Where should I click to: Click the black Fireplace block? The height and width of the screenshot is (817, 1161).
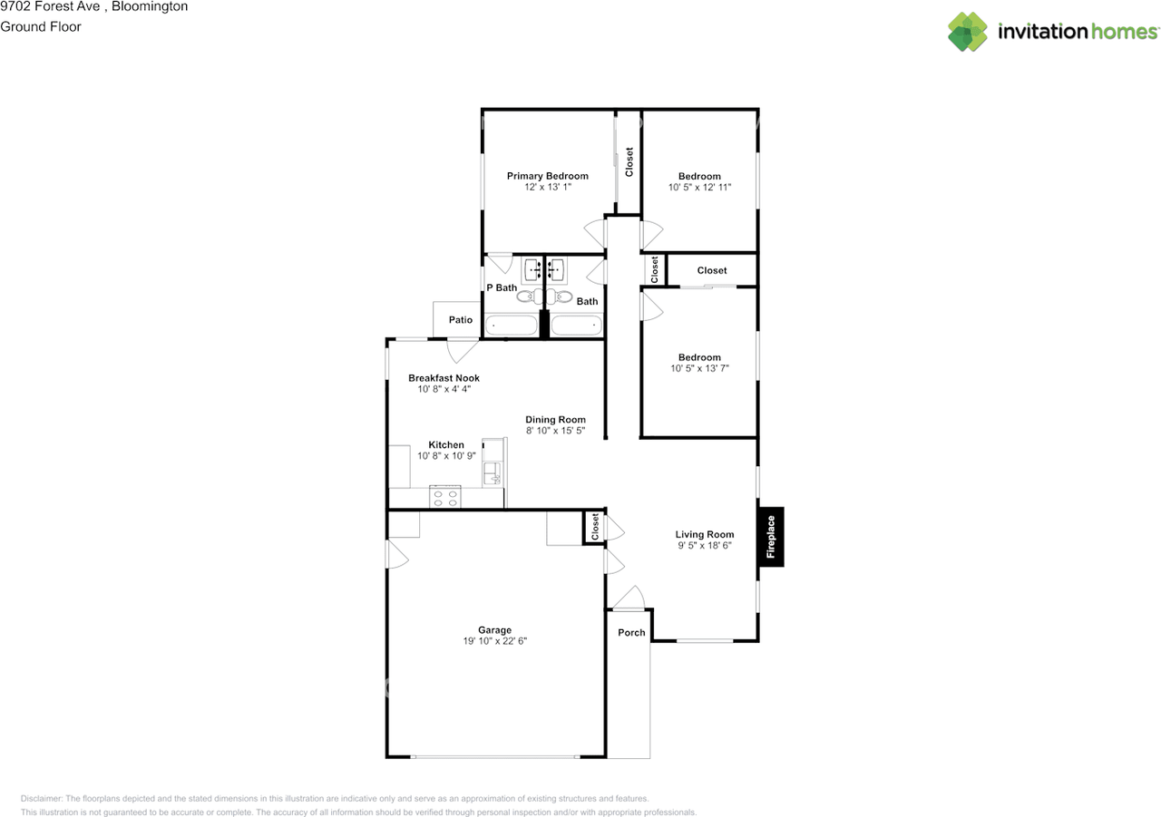tap(771, 536)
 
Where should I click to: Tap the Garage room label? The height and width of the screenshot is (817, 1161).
tap(494, 630)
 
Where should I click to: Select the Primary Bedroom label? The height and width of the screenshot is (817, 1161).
tap(547, 176)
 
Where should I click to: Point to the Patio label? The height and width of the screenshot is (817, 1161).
tap(461, 320)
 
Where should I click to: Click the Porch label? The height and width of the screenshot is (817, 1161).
tap(631, 633)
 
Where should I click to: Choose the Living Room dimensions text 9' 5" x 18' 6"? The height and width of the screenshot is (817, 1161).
tap(704, 546)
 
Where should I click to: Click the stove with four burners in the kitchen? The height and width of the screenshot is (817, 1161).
tap(444, 496)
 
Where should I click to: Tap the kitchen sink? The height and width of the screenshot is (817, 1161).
tap(491, 471)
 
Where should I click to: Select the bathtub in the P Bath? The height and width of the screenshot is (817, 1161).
tap(511, 324)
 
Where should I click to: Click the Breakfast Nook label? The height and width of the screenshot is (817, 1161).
tap(444, 378)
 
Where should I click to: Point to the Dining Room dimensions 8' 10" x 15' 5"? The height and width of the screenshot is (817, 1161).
tap(555, 431)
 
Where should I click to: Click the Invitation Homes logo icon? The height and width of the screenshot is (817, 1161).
tap(968, 32)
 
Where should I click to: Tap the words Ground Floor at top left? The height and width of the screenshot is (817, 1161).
tap(41, 27)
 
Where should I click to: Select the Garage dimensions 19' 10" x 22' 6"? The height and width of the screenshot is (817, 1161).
tap(494, 641)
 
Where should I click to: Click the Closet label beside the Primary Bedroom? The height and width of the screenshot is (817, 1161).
tap(629, 161)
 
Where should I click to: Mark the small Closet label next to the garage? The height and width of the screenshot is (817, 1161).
tap(595, 527)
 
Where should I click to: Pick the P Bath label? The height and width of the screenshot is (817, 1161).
tap(502, 288)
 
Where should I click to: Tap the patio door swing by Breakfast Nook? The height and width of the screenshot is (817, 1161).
tap(463, 349)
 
